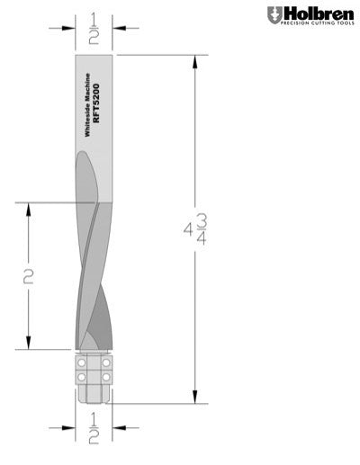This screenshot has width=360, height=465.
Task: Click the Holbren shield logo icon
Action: (274, 15)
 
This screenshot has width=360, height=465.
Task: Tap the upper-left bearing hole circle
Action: (81, 364)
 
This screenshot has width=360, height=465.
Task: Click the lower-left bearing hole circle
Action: (81, 378)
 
